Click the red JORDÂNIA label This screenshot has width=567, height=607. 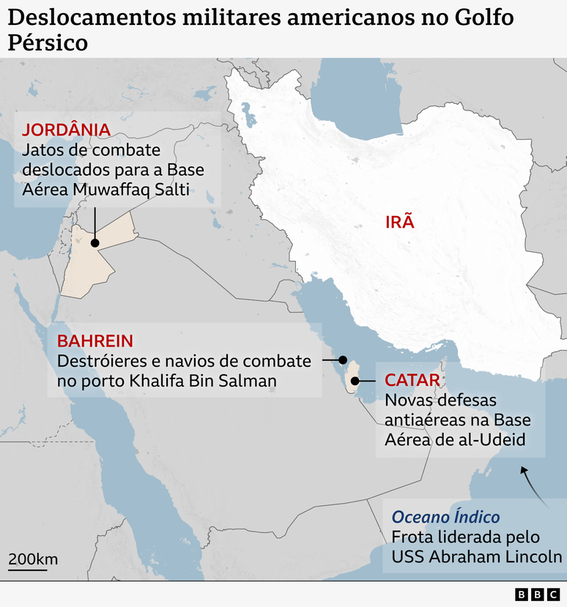click(67, 130)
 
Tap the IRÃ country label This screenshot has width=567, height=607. click(400, 221)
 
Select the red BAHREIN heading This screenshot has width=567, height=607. click(94, 341)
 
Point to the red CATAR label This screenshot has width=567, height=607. click(412, 380)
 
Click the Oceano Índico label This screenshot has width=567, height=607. click(445, 517)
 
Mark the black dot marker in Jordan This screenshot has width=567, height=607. click(94, 244)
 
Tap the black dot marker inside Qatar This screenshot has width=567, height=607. click(355, 381)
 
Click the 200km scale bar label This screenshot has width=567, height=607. click(33, 560)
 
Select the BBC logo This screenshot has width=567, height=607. click(536, 595)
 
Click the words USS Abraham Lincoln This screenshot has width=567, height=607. click(477, 556)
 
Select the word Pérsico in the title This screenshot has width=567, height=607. click(48, 42)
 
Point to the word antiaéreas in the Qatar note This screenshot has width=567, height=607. click(424, 420)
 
